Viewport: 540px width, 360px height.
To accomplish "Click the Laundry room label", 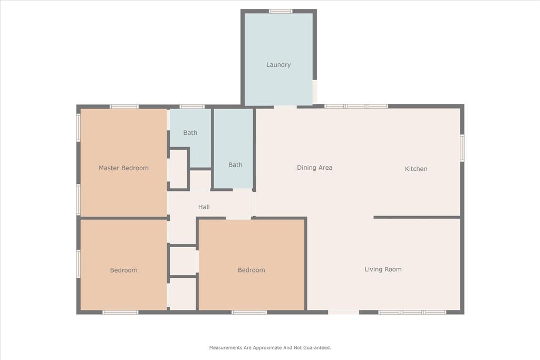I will click(x=278, y=65).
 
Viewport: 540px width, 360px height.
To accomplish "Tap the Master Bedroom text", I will click(x=123, y=168).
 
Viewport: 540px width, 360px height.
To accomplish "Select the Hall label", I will click(x=204, y=207).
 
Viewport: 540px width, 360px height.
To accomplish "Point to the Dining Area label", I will click(x=314, y=168).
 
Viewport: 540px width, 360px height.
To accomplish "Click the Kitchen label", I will click(x=416, y=169).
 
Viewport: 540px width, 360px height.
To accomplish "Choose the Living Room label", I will click(x=383, y=269).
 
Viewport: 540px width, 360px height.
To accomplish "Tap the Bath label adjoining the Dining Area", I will click(x=235, y=165).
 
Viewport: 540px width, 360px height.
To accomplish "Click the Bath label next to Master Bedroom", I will click(x=190, y=133).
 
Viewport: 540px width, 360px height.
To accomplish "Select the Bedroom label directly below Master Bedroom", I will click(x=123, y=270).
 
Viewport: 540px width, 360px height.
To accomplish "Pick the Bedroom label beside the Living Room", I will click(x=251, y=270).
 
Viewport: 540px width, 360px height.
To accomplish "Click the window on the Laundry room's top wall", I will click(x=281, y=11).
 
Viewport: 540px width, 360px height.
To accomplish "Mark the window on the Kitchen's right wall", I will click(x=462, y=148).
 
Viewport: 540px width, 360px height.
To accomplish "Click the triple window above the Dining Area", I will click(x=356, y=106).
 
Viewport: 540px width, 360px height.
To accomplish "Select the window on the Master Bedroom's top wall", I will click(x=124, y=106).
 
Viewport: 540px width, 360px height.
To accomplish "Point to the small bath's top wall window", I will click(x=192, y=106).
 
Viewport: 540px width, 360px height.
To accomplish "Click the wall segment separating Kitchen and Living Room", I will click(x=417, y=217).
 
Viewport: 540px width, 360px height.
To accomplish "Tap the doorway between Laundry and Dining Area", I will click(x=285, y=107).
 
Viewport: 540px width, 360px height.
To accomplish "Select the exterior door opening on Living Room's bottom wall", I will click(x=344, y=312).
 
